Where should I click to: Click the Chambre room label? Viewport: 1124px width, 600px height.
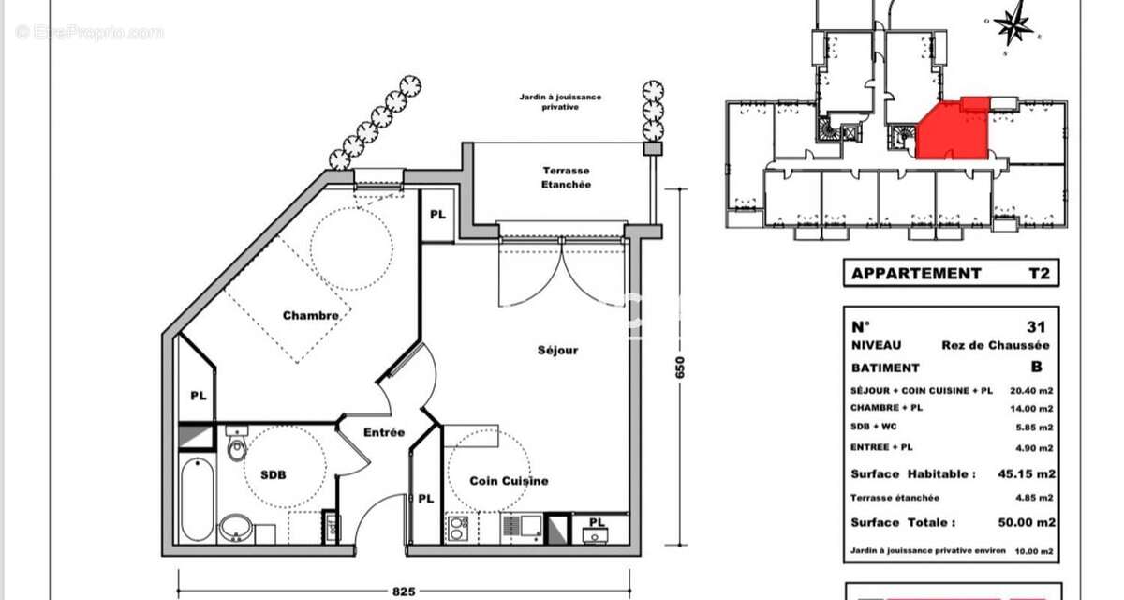click(311, 315)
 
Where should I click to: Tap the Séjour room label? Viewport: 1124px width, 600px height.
click(557, 350)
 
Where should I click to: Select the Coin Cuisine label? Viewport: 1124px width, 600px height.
click(510, 481)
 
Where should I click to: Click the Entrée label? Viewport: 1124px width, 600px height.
click(384, 432)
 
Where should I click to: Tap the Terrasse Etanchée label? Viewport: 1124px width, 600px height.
click(567, 178)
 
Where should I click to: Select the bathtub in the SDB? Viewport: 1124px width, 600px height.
click(197, 499)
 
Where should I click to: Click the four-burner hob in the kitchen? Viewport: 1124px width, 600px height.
click(458, 529)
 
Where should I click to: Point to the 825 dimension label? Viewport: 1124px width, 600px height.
click(404, 591)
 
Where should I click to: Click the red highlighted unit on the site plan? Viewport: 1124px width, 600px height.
click(951, 131)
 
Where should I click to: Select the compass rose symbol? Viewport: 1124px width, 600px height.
click(1013, 26)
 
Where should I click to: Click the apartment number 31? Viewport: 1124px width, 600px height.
click(1035, 327)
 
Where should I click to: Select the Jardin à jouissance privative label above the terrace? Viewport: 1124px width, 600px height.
click(561, 101)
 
